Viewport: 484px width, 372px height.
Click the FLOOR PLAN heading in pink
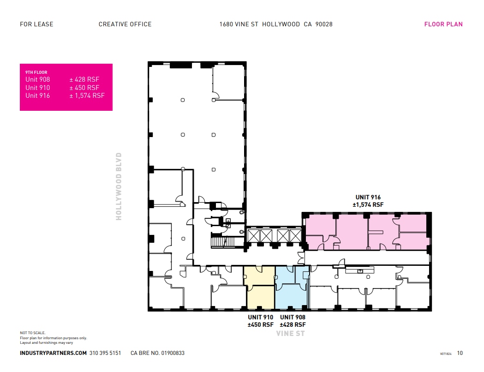(443, 24)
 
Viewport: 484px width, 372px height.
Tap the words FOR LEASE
(36, 24)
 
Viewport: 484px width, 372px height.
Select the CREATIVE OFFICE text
(125, 24)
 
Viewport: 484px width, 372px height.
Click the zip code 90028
(323, 24)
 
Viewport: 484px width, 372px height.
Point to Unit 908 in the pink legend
(37, 79)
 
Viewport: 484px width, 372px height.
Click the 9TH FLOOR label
(36, 72)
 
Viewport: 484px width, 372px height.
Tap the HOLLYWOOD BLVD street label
(119, 186)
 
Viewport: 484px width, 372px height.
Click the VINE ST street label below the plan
(291, 333)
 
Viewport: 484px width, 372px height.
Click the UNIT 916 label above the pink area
(368, 197)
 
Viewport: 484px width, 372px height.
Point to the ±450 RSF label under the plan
(261, 324)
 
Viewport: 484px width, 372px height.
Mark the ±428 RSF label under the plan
(293, 324)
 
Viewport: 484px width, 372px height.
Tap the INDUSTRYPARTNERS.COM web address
(53, 353)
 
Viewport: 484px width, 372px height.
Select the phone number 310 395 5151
(105, 353)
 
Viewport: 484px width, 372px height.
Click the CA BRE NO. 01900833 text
(157, 353)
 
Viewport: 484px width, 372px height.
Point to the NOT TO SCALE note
(33, 333)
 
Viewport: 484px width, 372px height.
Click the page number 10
(460, 353)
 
